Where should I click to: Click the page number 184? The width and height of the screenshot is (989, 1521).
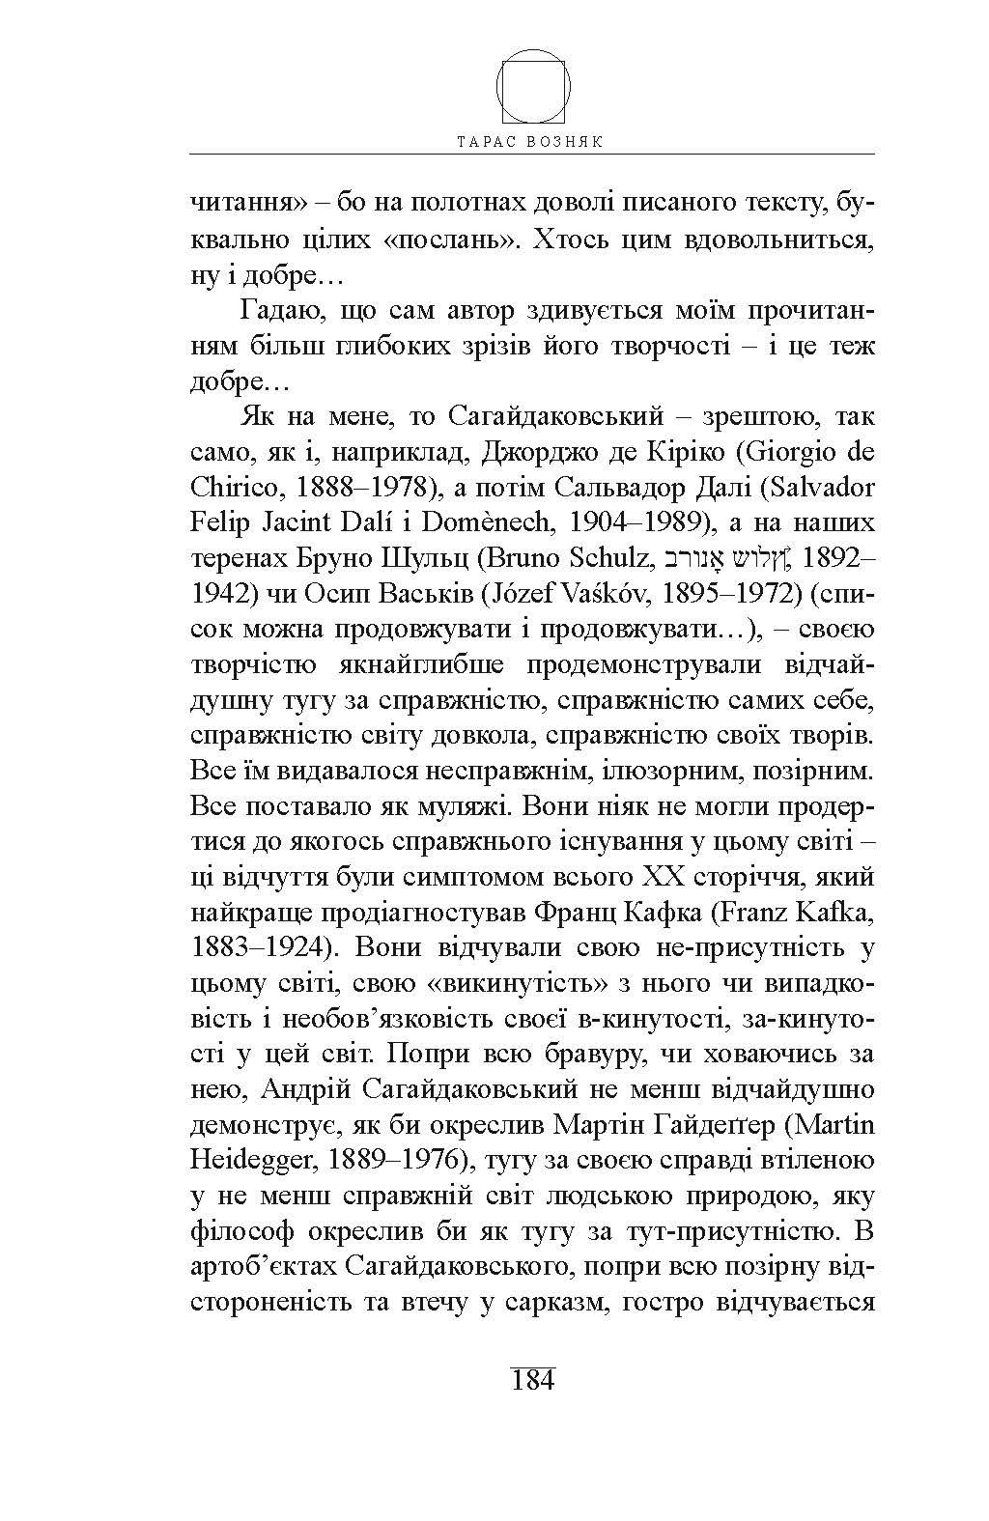pyautogui.click(x=532, y=1380)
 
